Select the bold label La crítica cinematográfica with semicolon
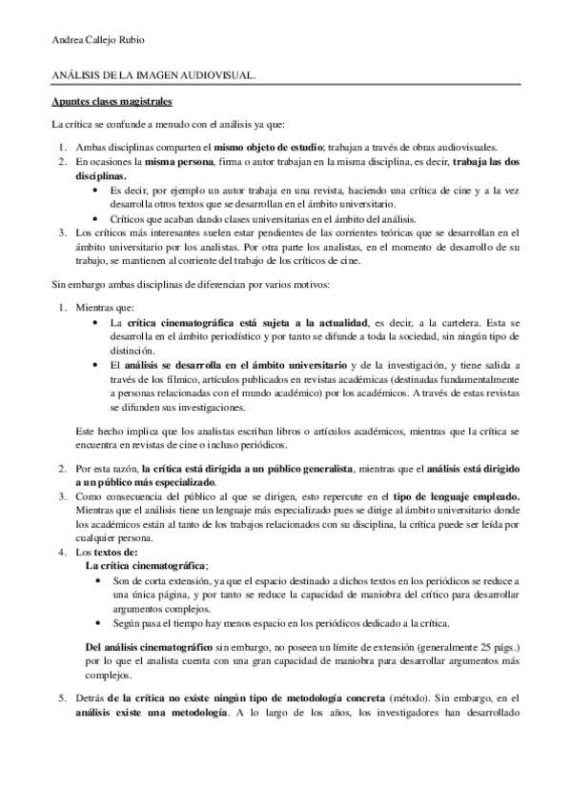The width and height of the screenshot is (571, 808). click(x=144, y=565)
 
